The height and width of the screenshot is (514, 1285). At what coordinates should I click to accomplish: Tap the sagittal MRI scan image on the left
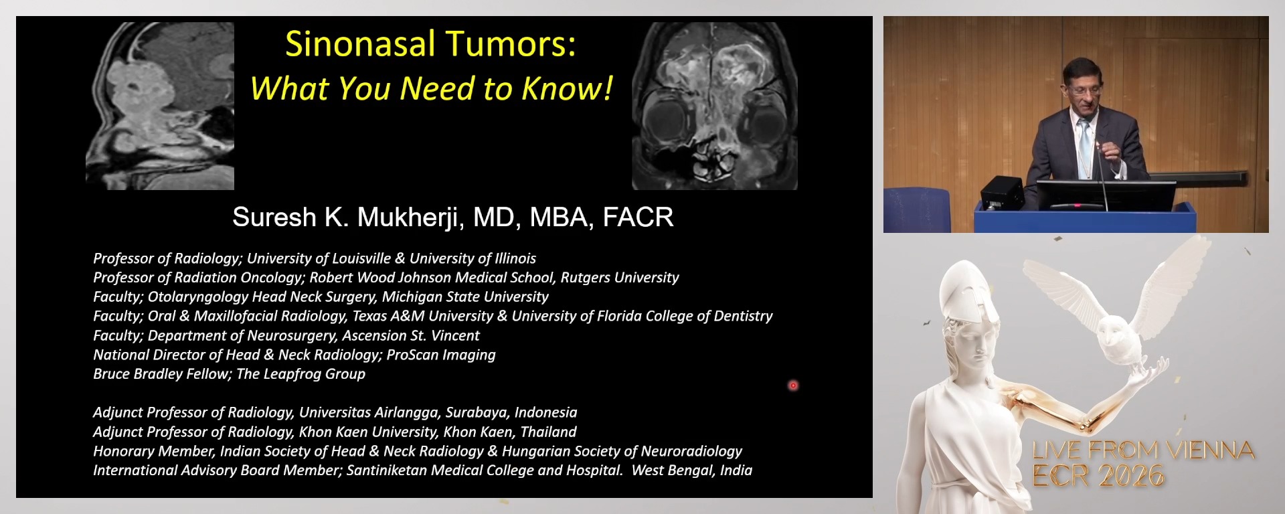pos(160,106)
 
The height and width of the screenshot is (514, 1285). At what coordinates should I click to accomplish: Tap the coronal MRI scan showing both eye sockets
pos(714,106)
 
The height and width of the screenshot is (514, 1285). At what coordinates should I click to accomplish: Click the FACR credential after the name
pos(638,217)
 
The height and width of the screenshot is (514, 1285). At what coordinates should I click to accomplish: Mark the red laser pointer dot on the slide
pos(793,385)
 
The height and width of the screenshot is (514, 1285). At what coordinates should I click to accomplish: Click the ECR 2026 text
pos(1098,476)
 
